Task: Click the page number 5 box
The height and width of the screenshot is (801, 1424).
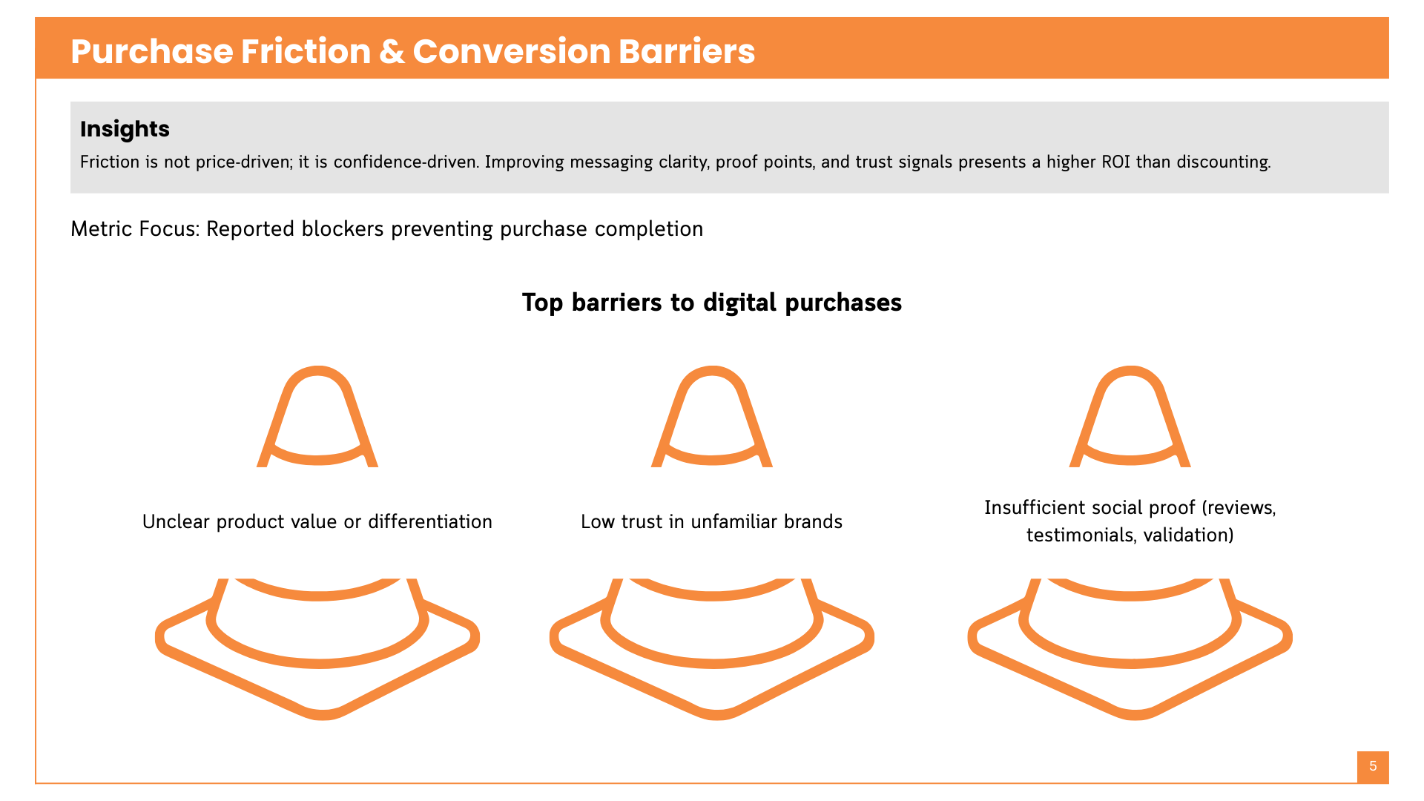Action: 1373,766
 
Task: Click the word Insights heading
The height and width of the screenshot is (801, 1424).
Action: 125,129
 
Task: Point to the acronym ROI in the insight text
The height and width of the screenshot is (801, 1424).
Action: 1115,162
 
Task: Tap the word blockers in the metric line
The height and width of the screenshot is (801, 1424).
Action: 343,228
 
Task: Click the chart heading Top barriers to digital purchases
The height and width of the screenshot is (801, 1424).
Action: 711,303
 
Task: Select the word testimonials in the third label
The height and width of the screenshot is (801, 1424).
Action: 1081,535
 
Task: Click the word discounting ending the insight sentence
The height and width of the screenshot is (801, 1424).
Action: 1223,162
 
